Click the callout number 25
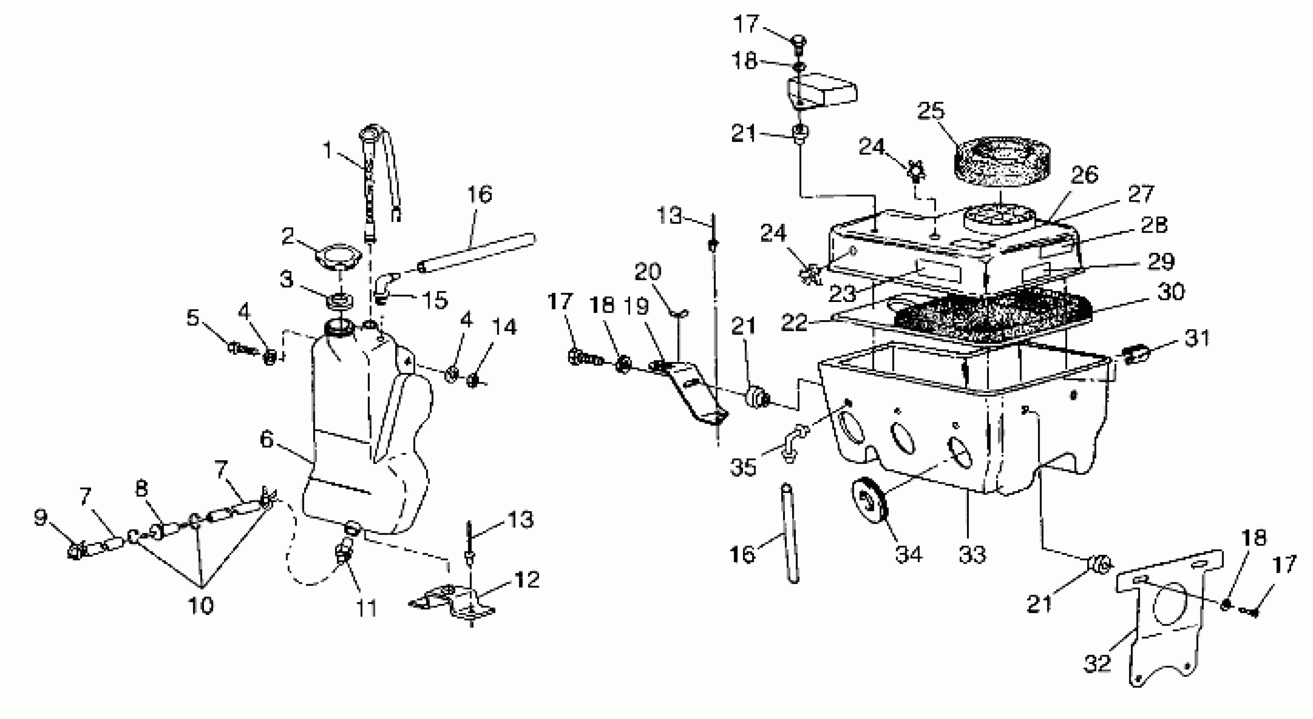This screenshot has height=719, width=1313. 931,112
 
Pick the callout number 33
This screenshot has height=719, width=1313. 972,554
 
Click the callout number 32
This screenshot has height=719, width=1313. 1097,664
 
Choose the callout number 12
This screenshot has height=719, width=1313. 526,579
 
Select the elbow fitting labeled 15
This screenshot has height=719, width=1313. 386,288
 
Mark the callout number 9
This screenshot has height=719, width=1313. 41,518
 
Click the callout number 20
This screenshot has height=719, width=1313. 647,272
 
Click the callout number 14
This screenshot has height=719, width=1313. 504,327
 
